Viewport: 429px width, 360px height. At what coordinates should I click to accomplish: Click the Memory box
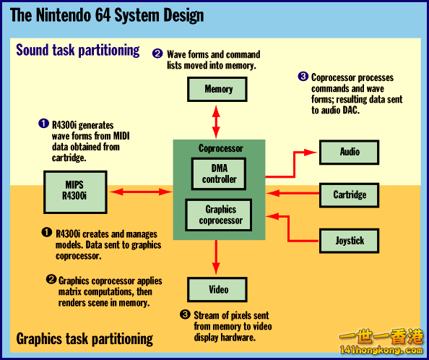(218, 89)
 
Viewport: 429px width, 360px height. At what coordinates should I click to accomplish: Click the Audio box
(350, 152)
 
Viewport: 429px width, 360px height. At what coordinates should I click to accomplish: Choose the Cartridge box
(350, 194)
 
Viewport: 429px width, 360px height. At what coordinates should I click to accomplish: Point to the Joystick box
(350, 240)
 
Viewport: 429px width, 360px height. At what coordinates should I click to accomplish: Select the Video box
(218, 290)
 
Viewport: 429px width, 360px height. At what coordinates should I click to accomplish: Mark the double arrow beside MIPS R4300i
(140, 192)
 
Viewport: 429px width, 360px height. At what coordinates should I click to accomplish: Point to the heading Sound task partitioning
(78, 51)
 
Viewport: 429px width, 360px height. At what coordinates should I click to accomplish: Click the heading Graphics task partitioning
(84, 338)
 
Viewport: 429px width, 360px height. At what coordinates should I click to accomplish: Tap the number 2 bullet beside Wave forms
(157, 53)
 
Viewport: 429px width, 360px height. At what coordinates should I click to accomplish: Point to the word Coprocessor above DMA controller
(220, 148)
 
